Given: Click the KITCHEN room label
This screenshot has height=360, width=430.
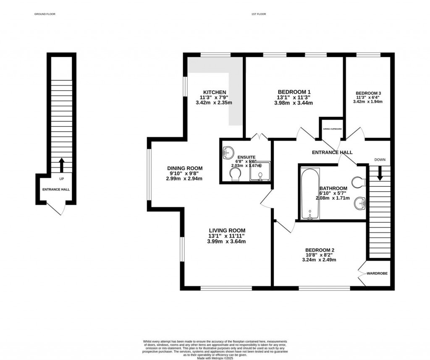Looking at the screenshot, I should [x=215, y=92].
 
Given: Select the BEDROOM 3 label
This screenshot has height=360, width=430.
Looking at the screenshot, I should [x=368, y=93].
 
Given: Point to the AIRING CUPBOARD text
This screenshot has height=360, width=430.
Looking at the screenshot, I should [x=332, y=129].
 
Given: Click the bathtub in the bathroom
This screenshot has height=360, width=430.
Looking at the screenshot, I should [x=310, y=194].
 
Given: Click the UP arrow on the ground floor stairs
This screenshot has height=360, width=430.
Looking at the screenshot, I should [x=62, y=165].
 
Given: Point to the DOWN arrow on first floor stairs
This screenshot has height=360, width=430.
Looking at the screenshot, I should [x=380, y=173].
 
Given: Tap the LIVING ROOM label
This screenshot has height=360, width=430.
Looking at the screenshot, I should [x=227, y=230].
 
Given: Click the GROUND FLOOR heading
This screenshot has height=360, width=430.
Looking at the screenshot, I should [x=45, y=14].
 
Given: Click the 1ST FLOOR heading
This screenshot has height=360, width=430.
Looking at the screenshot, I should [x=258, y=14].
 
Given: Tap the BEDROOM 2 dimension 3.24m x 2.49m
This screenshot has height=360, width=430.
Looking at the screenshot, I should [x=320, y=260].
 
